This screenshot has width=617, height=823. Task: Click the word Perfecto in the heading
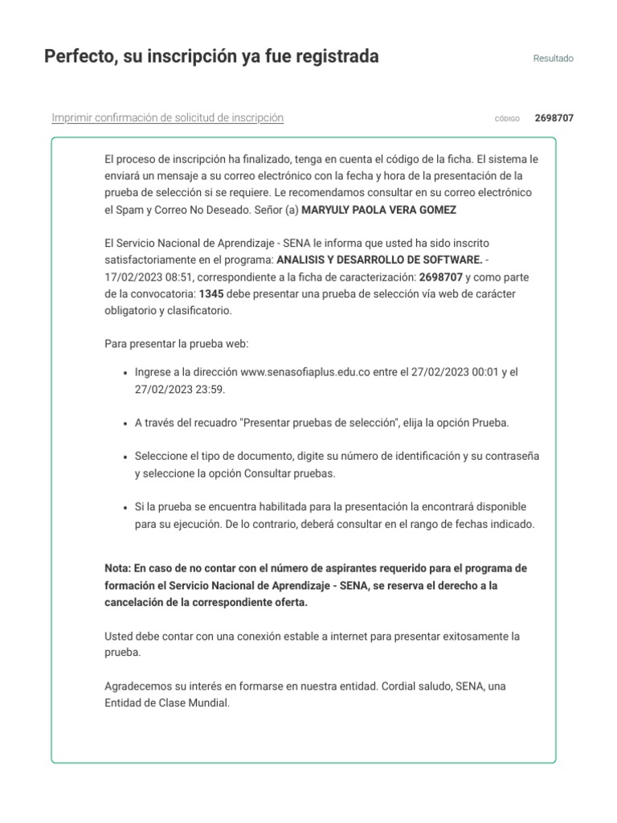pyautogui.click(x=80, y=57)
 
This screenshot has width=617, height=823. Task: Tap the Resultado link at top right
pyautogui.click(x=554, y=59)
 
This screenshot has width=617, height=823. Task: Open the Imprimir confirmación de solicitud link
pyautogui.click(x=167, y=118)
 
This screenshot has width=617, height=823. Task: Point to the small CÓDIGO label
pyautogui.click(x=507, y=119)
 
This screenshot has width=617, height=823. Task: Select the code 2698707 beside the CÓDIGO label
pyautogui.click(x=554, y=118)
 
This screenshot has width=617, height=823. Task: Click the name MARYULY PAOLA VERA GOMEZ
pyautogui.click(x=368, y=209)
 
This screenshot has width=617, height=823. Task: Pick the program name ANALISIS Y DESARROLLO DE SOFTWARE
pyautogui.click(x=379, y=260)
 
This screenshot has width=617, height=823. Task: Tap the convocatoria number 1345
pyautogui.click(x=211, y=293)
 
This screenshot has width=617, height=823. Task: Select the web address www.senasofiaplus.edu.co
pyautogui.click(x=305, y=373)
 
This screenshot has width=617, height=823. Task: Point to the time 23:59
pyautogui.click(x=211, y=389)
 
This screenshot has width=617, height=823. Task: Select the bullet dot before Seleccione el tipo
pyautogui.click(x=125, y=457)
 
